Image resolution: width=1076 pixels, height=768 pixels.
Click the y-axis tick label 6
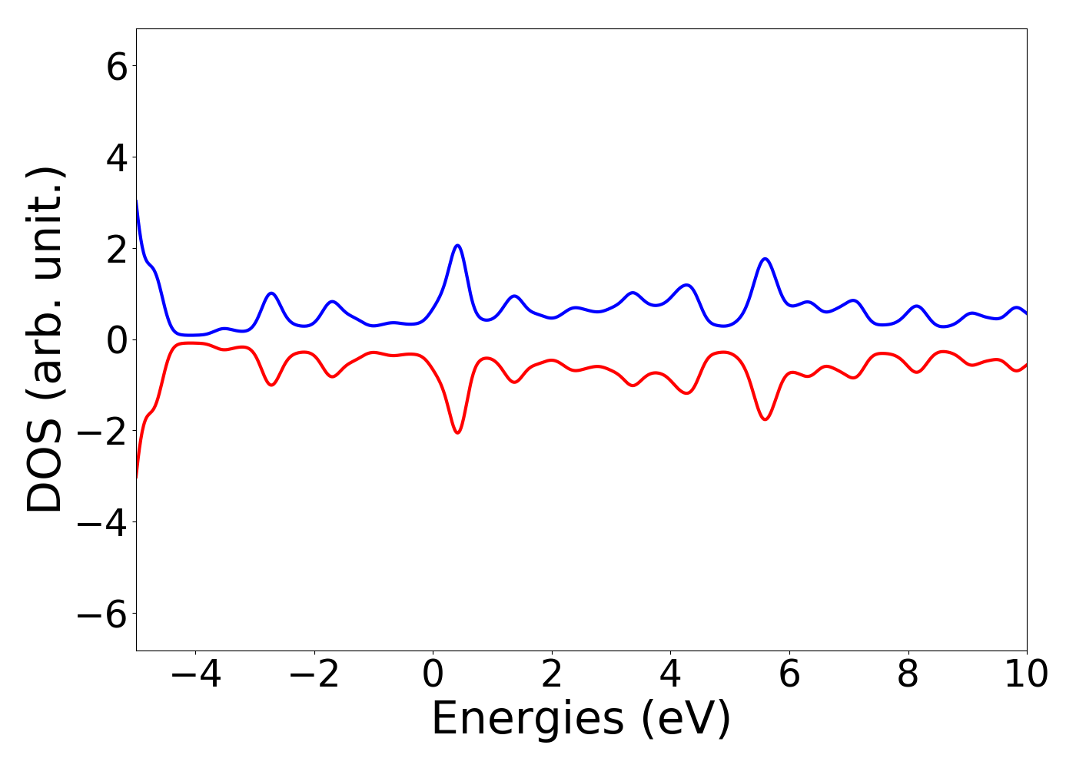coord(117,67)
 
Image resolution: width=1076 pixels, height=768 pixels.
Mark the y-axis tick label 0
coord(117,340)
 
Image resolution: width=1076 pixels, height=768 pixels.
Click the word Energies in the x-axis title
coord(527,719)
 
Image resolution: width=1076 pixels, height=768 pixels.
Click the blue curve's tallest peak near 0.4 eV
coord(457,246)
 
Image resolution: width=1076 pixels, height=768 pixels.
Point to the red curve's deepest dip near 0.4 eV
coord(457,432)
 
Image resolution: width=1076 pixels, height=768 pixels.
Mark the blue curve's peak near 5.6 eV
coord(765,259)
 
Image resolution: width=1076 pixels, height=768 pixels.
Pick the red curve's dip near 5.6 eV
coord(765,419)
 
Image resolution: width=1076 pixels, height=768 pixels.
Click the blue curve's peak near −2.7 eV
coord(271,293)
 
